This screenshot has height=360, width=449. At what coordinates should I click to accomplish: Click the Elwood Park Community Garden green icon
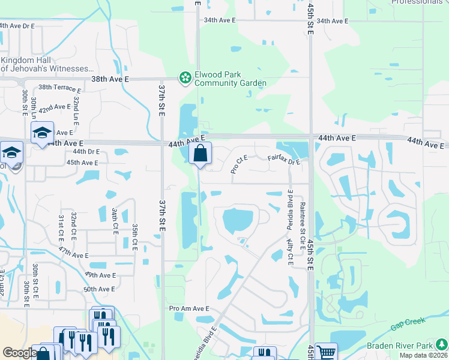(x=185, y=77)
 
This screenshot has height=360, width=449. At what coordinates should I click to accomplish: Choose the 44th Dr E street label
(x=86, y=152)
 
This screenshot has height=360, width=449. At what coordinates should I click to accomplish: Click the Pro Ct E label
(x=240, y=164)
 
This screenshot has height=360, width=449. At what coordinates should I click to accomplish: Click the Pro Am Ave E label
(x=189, y=308)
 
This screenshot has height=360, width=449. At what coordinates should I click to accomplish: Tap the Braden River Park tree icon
(x=441, y=345)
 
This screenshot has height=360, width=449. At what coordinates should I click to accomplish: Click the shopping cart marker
(x=326, y=352)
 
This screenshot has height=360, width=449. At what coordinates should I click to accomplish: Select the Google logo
(x=20, y=353)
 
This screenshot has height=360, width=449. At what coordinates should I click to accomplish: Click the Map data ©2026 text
(x=423, y=355)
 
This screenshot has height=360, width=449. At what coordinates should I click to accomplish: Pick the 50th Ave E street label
(x=99, y=289)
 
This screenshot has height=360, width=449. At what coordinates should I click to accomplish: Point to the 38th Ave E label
(x=110, y=79)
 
